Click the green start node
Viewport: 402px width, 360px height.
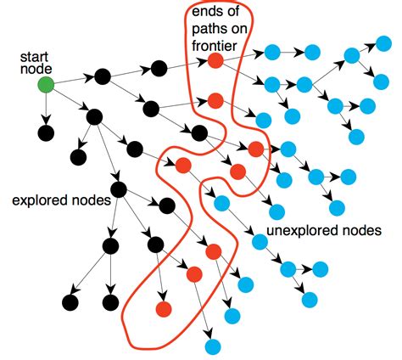coord(46,84)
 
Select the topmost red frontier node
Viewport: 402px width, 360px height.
coord(215,60)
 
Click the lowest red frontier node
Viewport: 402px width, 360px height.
coord(161,308)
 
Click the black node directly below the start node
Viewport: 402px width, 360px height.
coord(46,133)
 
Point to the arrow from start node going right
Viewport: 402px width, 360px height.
coord(74,80)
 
